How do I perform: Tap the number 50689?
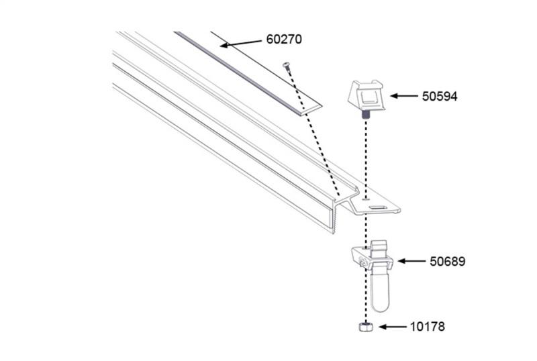(447, 261)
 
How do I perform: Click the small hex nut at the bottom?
(365, 327)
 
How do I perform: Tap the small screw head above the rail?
(287, 64)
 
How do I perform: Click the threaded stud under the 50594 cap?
(366, 118)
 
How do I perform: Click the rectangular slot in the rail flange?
(379, 209)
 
